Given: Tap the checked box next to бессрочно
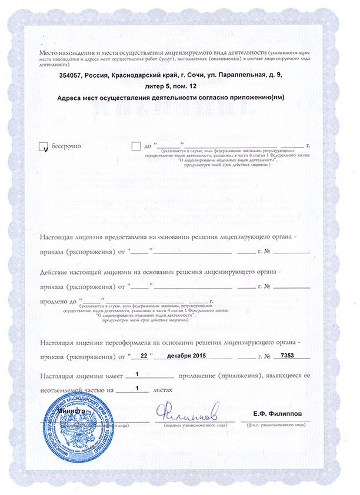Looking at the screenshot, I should point(42,146).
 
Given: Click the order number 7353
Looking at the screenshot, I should point(288,356).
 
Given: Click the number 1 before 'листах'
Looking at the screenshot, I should point(137,388).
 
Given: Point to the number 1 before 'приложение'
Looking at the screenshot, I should point(137,374).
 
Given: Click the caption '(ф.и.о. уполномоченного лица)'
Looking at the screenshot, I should point(275,424).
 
